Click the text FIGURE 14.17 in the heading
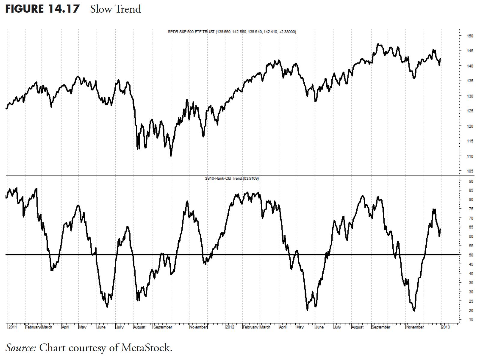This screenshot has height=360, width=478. click(42, 9)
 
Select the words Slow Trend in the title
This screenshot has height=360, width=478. click(115, 9)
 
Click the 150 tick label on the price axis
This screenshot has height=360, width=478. click(470, 36)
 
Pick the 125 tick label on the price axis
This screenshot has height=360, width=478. click(470, 111)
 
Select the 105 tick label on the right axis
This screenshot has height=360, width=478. click(470, 171)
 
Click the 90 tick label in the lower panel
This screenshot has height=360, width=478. click(471, 181)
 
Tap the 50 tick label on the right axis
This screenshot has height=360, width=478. click(471, 255)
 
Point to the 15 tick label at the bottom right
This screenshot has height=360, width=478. click(471, 320)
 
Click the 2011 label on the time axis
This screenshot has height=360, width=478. click(13, 327)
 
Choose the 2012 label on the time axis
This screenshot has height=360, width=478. click(230, 327)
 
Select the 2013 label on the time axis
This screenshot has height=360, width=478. click(445, 327)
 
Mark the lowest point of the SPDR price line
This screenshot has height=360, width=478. click(171, 156)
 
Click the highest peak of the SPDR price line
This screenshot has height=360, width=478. click(378, 44)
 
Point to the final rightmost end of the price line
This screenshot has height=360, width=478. click(440, 58)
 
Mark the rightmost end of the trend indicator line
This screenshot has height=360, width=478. click(440, 230)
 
